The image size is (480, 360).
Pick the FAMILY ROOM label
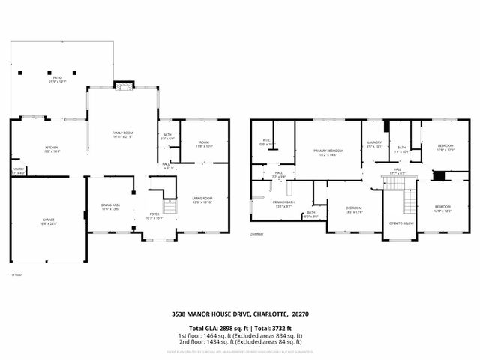[122, 133]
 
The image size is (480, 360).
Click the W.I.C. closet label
[266, 140]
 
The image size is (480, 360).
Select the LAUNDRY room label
[373, 144]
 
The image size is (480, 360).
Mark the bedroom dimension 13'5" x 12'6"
[354, 212]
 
